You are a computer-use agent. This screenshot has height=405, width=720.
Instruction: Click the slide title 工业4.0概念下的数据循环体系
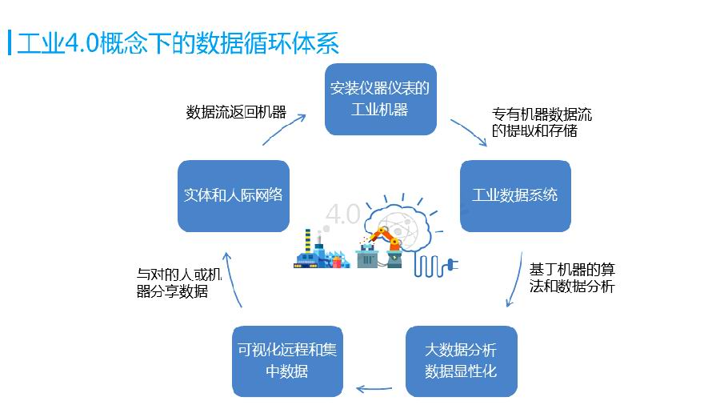178,43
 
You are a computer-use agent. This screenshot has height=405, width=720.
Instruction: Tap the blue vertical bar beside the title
9,42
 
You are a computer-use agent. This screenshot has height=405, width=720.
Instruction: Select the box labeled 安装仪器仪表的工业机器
380,99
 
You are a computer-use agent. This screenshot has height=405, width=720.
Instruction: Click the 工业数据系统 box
515,195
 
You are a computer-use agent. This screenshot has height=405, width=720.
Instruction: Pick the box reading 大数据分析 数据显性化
461,361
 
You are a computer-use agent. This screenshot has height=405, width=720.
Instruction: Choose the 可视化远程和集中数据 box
287,361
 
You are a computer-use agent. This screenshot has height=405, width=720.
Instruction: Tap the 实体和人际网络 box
234,195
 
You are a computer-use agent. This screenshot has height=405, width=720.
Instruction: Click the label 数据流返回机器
236,112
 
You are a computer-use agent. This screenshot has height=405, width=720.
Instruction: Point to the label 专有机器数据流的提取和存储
542,122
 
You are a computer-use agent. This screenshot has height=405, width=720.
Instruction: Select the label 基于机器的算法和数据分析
572,278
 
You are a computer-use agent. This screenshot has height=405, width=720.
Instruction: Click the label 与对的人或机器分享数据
179,283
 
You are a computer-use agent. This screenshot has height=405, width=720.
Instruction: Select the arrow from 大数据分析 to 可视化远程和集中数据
374,389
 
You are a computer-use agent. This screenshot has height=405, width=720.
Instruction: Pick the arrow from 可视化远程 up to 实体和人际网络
231,278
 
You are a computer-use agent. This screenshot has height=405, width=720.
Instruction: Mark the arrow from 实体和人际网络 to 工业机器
284,129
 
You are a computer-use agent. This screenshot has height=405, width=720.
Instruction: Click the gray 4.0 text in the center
343,214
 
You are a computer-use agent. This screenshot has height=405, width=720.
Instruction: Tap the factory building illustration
322,251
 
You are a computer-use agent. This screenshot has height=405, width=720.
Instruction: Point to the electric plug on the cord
452,264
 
